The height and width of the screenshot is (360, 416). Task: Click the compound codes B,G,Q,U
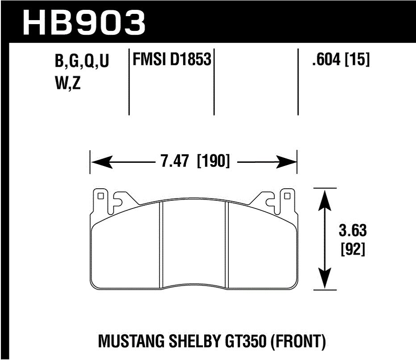(82, 62)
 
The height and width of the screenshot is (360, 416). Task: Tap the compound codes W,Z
(67, 83)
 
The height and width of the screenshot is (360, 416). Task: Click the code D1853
(190, 59)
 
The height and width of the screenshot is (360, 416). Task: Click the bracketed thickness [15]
(357, 60)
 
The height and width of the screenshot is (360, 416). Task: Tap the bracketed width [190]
(213, 161)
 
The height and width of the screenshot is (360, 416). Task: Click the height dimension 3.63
(353, 231)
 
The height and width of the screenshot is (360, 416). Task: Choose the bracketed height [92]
(353, 249)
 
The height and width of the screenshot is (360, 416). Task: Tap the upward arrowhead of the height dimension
(325, 197)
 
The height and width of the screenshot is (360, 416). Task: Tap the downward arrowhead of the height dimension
(325, 281)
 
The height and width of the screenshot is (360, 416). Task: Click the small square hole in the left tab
(101, 195)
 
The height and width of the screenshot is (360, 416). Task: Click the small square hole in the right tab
(288, 195)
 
